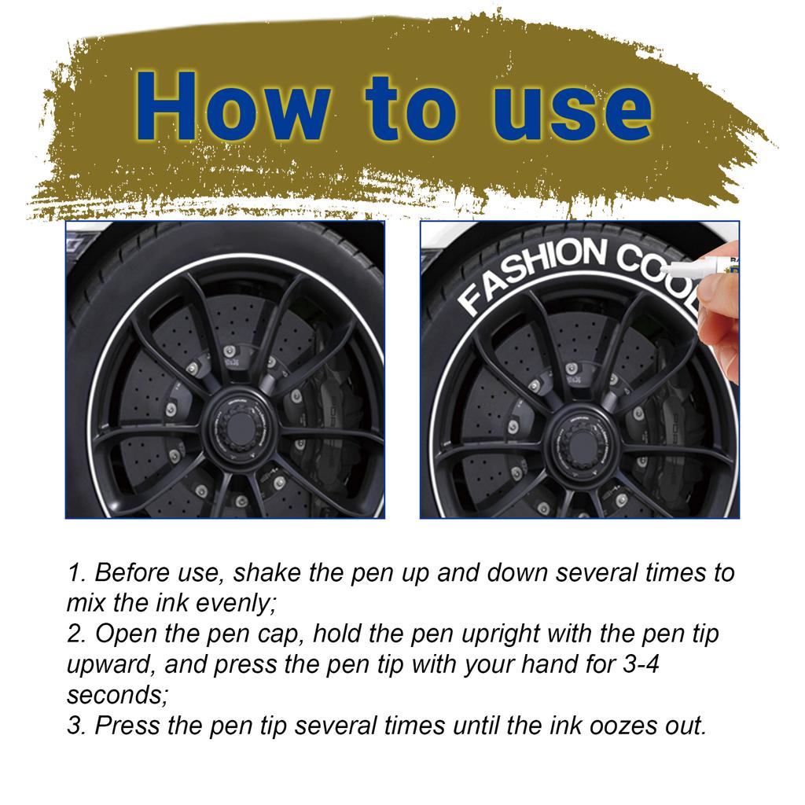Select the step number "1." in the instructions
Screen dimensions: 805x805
pos(77,573)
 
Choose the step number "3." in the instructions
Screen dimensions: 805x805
pos(77,726)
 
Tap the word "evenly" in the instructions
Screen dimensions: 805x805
pos(227,604)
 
